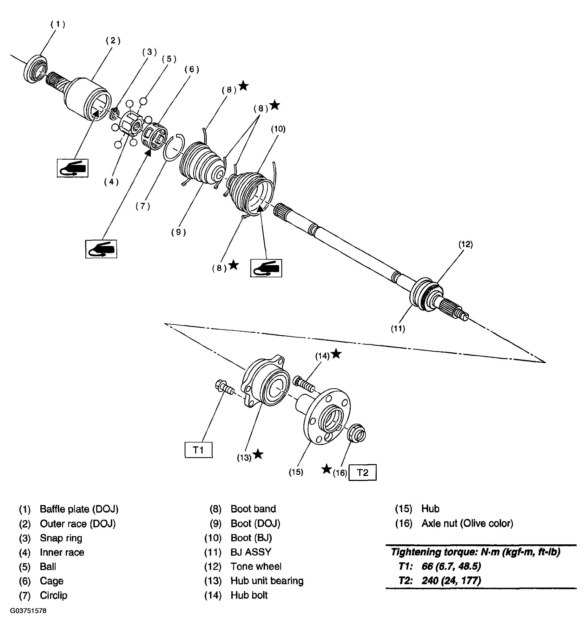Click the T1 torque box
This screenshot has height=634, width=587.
[198, 450]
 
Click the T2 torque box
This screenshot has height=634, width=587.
[362, 472]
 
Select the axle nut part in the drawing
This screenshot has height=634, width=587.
[357, 434]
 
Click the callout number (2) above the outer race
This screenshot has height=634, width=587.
[113, 41]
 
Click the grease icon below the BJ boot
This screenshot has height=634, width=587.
[266, 268]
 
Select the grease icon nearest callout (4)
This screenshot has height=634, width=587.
[73, 168]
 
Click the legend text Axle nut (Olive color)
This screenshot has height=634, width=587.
[467, 523]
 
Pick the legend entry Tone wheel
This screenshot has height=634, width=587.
[256, 566]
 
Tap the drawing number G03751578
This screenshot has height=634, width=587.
[28, 611]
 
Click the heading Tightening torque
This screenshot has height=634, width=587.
[475, 552]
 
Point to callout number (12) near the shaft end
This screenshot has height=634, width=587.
[465, 244]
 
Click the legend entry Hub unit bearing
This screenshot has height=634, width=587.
[267, 581]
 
